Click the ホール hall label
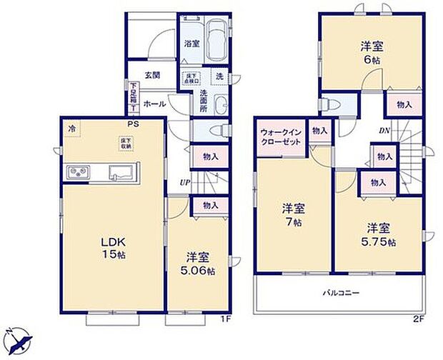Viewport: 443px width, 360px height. coord(155,104)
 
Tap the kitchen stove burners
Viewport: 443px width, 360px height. coord(77,172)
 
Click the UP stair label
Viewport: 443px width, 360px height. coord(185,181)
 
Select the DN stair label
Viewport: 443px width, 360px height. coord(384,130)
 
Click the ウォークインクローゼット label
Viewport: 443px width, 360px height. coord(280,136)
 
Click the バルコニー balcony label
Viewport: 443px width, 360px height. coord(339,294)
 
